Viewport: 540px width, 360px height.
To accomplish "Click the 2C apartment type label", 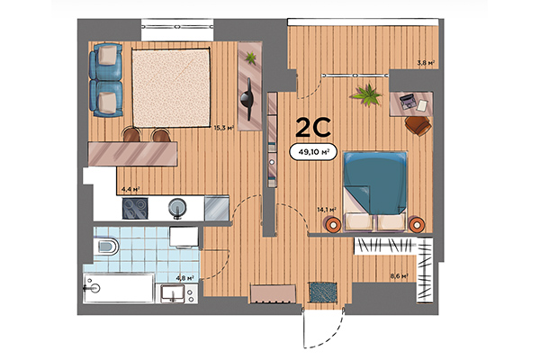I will pyautogui.click(x=312, y=127).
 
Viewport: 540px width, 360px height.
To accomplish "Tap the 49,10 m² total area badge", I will pyautogui.click(x=313, y=152).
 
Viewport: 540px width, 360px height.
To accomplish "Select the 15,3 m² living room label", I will pyautogui.click(x=223, y=128).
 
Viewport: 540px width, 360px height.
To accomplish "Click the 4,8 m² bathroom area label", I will pyautogui.click(x=186, y=278).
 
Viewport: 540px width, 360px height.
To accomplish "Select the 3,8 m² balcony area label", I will pyautogui.click(x=426, y=63).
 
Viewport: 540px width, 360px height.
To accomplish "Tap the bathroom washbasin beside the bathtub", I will pyautogui.click(x=169, y=292).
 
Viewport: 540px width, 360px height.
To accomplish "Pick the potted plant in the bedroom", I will pyautogui.click(x=367, y=93).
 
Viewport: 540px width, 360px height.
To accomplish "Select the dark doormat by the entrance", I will pyautogui.click(x=321, y=292).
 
